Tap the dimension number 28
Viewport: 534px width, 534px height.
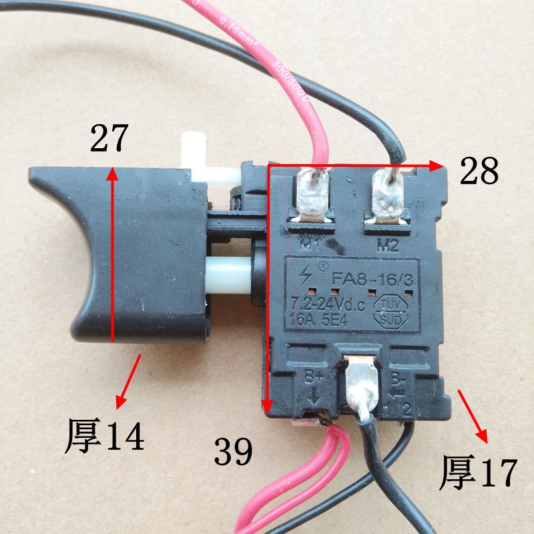coord(479,172)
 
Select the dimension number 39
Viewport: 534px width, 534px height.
coord(234,452)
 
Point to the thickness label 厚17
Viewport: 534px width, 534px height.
coord(479,473)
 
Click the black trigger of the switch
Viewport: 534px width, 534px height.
coord(120,254)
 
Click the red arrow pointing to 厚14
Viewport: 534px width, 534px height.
coord(129,381)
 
